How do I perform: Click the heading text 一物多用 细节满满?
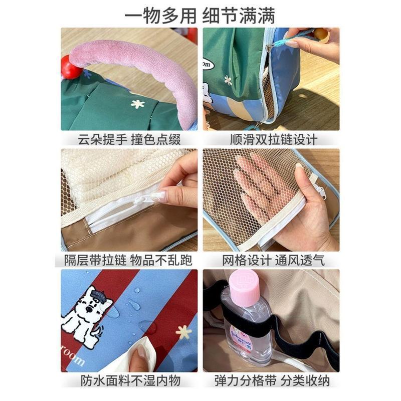point(199,16)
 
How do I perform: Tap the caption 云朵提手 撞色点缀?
point(129,140)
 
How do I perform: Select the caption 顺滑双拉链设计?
point(274,140)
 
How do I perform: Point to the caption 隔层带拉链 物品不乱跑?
point(128,260)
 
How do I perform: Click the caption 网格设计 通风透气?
point(273,260)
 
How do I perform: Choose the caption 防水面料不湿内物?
point(131,381)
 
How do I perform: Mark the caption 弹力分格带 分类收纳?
point(272,381)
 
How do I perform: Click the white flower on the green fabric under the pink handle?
point(137,104)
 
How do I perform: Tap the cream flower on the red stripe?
point(183,332)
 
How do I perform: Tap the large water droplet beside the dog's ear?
point(113,312)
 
